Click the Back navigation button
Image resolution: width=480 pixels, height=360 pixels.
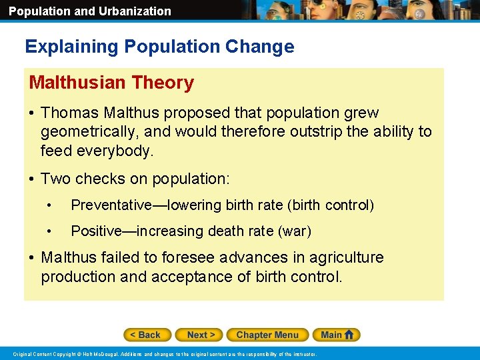coord(147,335)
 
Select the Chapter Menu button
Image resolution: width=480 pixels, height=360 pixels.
coord(267,335)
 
